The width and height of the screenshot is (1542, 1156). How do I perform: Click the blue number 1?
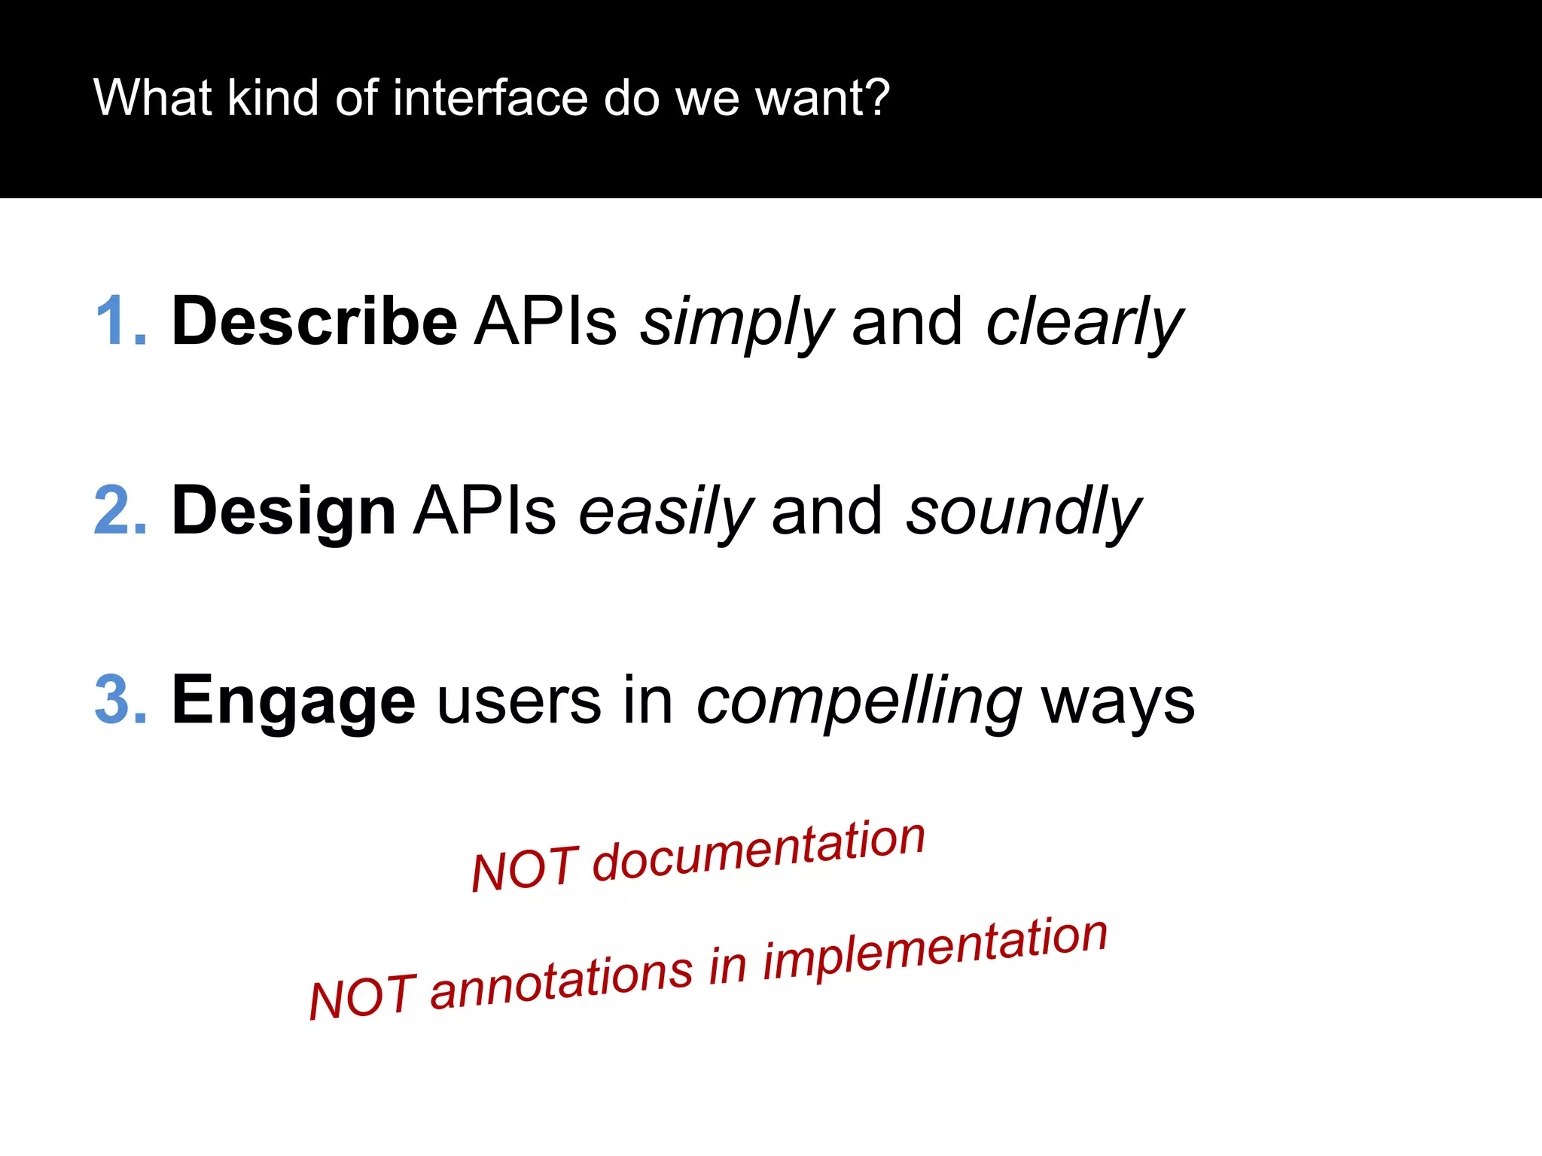(x=113, y=322)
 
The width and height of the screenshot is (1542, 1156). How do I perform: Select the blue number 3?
(x=114, y=701)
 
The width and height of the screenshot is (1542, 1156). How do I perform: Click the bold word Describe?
(x=314, y=322)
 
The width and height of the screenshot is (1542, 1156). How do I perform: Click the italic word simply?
(x=736, y=324)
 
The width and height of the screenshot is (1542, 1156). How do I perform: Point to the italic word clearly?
(x=1084, y=324)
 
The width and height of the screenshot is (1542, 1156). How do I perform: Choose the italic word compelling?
(x=859, y=702)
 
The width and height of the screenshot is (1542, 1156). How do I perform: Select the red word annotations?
(x=561, y=982)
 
